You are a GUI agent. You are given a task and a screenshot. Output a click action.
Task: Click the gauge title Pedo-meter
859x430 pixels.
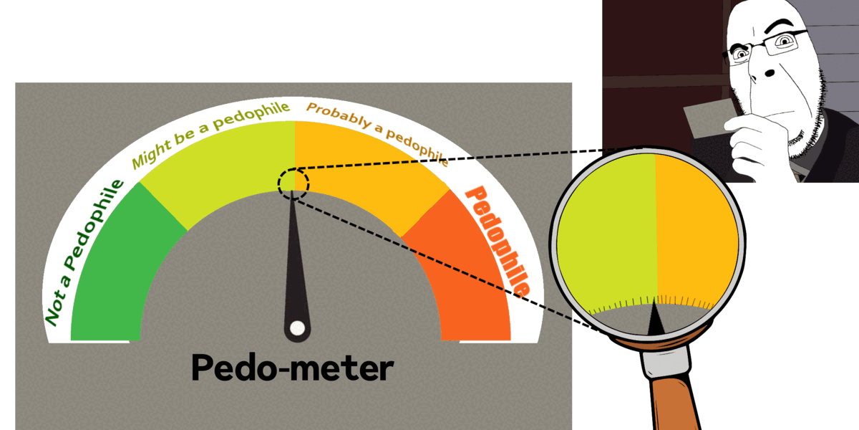point(292,368)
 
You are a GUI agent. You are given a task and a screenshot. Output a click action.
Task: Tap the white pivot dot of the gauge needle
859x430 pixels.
point(297,329)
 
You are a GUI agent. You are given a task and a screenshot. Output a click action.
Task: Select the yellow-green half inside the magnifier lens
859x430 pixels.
point(608,236)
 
